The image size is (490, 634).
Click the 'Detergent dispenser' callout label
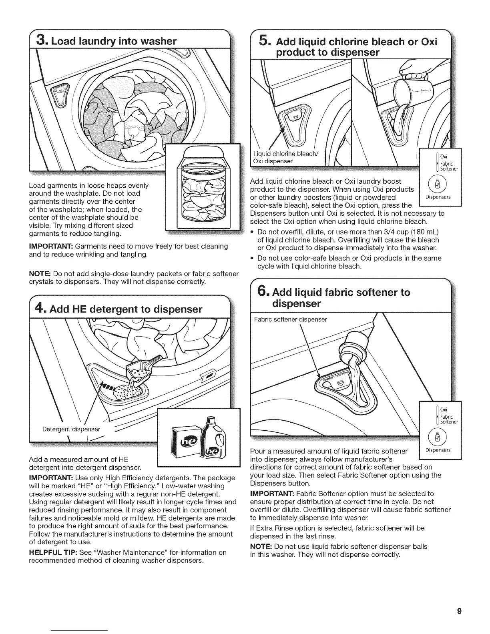[x=71, y=429]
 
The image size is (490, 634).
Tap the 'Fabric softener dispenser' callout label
[x=291, y=319]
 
